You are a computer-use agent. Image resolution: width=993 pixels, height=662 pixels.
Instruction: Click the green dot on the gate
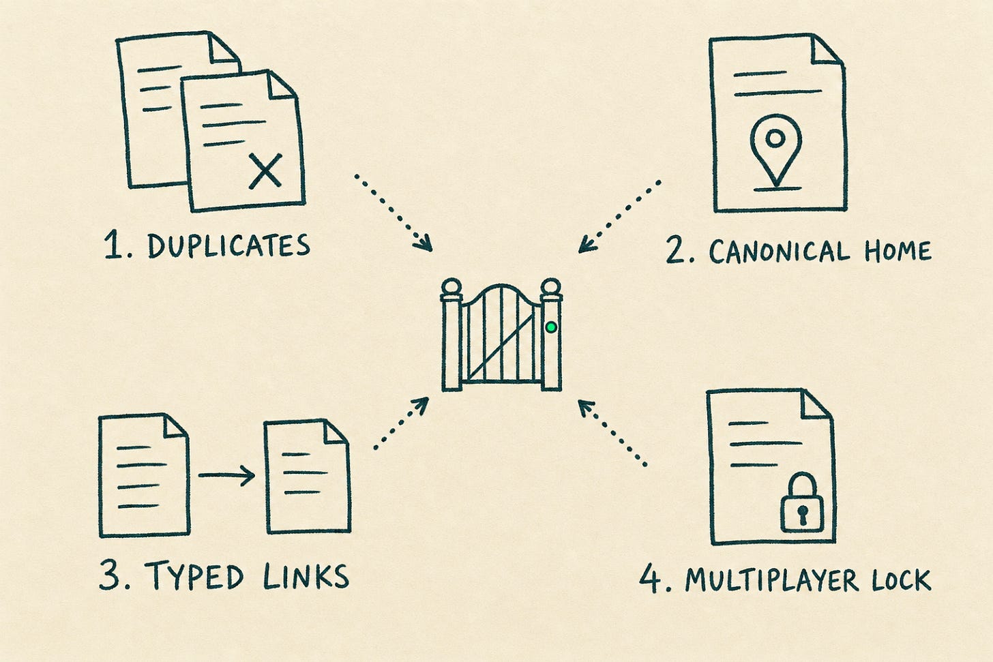point(551,327)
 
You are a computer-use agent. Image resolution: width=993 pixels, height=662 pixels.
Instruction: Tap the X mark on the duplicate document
point(265,172)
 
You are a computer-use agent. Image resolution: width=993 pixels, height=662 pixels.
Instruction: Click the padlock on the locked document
point(802,503)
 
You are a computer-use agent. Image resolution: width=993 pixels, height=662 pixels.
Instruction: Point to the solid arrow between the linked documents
point(226,475)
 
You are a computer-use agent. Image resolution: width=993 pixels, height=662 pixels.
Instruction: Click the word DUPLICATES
point(228,246)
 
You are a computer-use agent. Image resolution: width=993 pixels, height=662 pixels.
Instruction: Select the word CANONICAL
point(780,252)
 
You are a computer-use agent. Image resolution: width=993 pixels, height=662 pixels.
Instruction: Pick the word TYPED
point(194,575)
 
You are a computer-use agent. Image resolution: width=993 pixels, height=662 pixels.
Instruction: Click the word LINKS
point(306,577)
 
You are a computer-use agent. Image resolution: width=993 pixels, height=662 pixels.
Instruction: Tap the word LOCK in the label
point(902,580)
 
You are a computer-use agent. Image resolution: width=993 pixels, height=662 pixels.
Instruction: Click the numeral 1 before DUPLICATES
point(112,246)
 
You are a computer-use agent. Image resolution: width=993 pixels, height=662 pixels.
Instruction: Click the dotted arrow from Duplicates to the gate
point(393,213)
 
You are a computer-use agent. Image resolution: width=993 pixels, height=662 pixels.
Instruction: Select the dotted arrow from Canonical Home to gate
point(619,217)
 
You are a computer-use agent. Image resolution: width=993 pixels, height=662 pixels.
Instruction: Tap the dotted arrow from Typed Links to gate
point(401,423)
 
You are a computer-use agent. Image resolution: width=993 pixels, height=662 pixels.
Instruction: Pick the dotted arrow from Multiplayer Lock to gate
point(612,432)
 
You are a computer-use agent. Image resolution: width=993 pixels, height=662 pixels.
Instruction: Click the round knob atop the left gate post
point(451,287)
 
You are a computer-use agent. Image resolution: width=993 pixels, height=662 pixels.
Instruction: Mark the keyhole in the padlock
point(803,515)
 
